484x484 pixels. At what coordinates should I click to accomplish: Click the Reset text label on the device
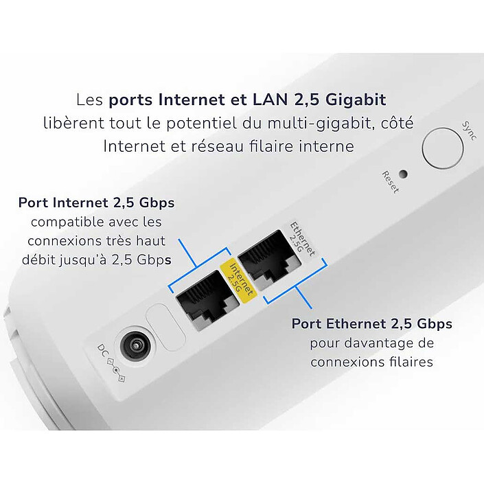click(391, 182)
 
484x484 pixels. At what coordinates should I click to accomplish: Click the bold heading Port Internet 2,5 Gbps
click(96, 203)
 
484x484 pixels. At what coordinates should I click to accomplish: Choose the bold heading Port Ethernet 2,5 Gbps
click(371, 323)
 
